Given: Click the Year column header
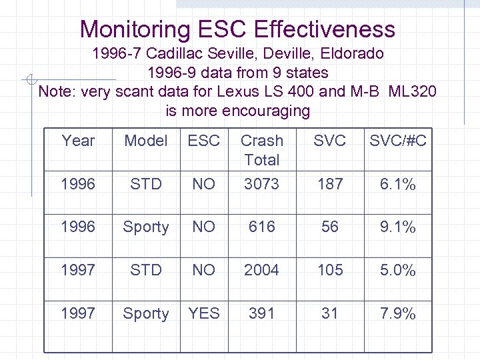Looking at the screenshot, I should [78, 141].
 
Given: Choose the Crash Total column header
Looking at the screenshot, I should [261, 150].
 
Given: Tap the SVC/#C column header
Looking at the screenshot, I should [398, 141].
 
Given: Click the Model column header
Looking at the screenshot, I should [146, 141].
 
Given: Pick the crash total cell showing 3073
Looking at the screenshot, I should [261, 184].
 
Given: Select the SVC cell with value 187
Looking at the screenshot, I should [330, 184].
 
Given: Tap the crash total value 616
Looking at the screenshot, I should [261, 227].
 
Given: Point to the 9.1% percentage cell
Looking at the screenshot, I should [398, 227].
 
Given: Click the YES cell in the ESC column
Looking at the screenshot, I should [204, 313].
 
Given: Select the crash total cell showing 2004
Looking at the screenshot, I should [261, 270].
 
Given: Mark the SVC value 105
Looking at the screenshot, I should [330, 270].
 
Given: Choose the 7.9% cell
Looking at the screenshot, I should [398, 313].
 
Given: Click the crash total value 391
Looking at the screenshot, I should [261, 313].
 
